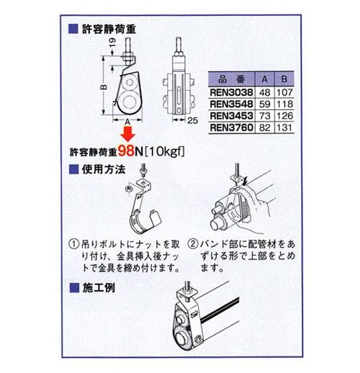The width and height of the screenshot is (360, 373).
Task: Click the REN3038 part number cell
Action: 231,92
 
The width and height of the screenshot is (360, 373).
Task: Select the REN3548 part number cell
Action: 231,104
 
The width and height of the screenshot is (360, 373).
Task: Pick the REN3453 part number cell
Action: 231,116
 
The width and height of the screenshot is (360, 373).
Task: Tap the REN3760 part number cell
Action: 231,127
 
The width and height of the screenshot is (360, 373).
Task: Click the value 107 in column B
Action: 284,92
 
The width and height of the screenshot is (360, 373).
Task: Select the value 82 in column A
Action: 265,127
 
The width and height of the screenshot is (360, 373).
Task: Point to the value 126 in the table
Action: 284,116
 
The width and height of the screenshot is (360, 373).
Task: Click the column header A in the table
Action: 264,79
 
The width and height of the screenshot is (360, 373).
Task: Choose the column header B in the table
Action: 284,79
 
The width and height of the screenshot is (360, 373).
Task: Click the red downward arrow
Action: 127,134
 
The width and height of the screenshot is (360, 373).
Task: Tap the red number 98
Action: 126,151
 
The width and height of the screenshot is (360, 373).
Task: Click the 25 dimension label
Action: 192,120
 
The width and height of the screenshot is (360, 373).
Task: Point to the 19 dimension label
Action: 112,42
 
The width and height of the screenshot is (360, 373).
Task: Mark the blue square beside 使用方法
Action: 73,169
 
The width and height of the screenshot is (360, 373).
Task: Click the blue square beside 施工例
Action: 74,287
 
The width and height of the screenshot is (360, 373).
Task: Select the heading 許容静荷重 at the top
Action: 109,29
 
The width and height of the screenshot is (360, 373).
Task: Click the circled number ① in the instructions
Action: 74,244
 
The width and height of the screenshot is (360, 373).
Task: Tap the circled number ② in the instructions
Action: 193,244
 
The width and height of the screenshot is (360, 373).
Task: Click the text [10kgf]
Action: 165,151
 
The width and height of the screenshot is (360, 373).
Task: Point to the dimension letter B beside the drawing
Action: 104,86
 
